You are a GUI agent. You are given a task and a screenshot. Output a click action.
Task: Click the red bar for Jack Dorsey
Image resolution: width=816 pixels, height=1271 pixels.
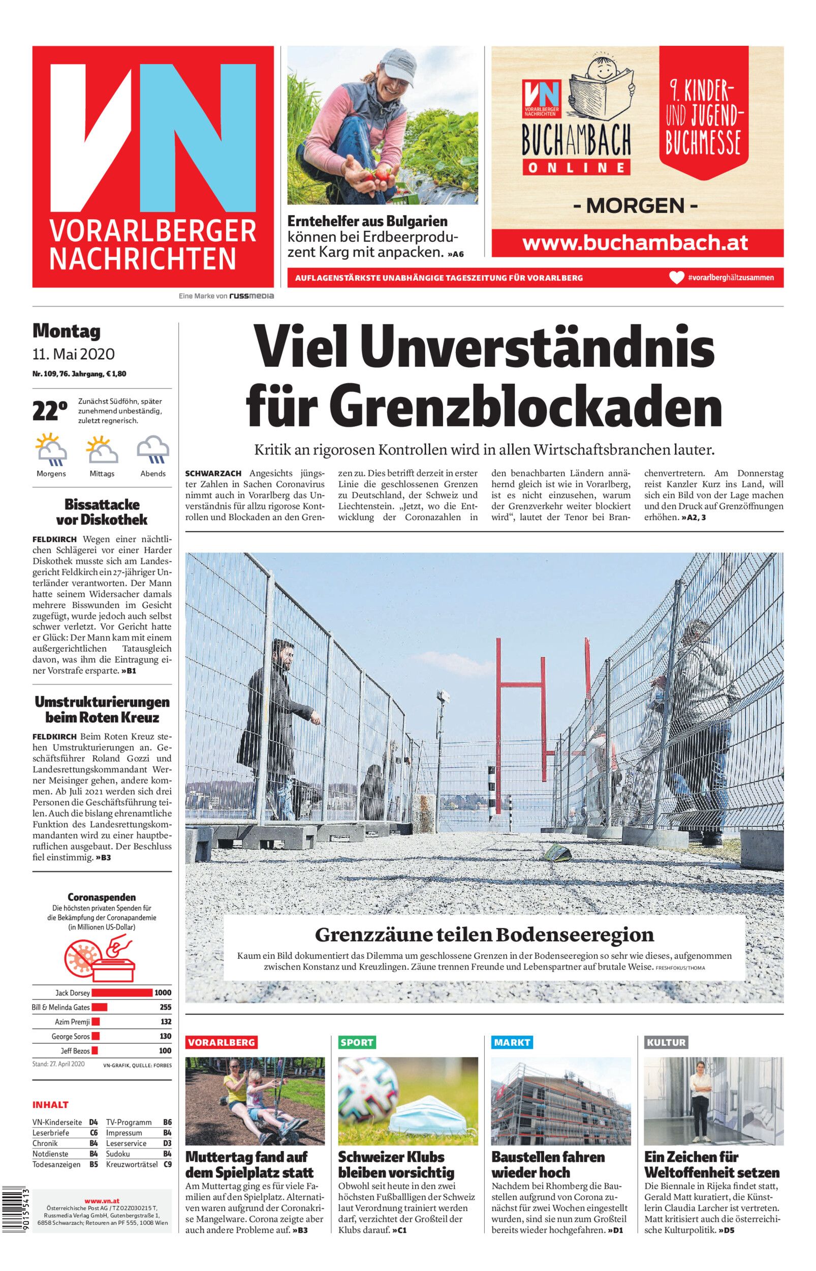(122, 993)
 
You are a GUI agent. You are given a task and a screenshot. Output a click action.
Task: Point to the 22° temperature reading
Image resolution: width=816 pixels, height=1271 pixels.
(50, 412)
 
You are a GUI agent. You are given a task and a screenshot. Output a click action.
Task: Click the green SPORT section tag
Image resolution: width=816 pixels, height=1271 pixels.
(357, 1042)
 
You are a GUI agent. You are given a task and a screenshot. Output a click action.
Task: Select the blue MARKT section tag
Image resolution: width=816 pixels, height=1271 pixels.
(511, 1042)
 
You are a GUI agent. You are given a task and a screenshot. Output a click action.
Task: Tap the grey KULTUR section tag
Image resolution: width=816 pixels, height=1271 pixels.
(666, 1042)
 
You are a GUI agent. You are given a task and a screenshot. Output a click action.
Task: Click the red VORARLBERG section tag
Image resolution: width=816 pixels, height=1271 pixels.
(222, 1042)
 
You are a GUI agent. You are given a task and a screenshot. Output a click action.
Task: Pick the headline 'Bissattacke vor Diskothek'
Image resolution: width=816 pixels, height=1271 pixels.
(102, 511)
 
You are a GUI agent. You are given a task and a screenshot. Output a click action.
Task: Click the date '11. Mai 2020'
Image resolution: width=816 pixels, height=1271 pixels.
(73, 354)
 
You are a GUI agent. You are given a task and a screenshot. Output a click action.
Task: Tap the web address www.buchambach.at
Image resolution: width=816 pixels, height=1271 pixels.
(635, 243)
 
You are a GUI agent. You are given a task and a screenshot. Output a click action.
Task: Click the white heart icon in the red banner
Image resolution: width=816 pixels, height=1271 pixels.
(676, 277)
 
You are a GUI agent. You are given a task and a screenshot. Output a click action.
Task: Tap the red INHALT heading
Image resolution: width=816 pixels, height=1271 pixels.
(50, 1105)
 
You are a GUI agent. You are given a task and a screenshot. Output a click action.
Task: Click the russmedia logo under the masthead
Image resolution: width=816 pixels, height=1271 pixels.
(251, 296)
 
